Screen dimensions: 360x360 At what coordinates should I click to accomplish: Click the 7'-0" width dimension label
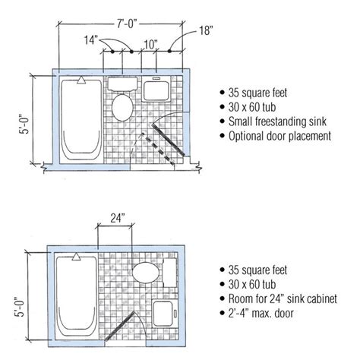point(127,24)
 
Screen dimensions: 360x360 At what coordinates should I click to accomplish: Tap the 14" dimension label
point(91,40)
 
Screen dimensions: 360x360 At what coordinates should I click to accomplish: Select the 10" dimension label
point(151,45)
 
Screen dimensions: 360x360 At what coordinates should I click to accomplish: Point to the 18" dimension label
point(206,30)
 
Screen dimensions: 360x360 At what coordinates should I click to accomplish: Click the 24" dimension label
point(118,218)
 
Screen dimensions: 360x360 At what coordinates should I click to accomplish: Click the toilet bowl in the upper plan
point(122,108)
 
